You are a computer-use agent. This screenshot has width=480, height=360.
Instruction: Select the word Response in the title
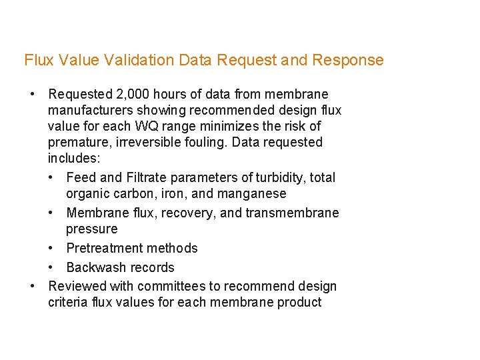[351, 60]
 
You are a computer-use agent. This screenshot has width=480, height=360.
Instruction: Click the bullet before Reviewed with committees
[32, 287]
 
